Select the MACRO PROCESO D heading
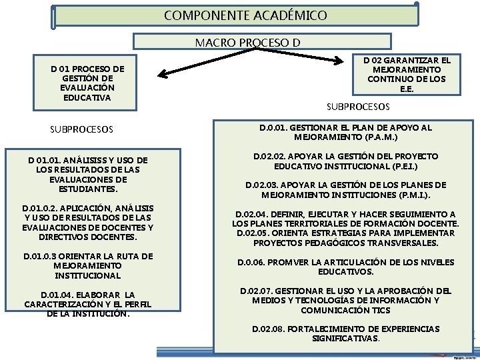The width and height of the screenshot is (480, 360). click(x=247, y=43)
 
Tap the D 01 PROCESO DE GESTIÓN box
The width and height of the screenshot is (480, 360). click(x=87, y=83)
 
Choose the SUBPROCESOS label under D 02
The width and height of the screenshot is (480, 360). click(x=358, y=107)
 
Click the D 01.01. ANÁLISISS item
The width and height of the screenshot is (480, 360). click(x=88, y=175)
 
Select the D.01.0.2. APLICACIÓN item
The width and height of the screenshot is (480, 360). click(x=88, y=223)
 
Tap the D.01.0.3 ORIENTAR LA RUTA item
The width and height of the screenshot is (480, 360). click(x=88, y=265)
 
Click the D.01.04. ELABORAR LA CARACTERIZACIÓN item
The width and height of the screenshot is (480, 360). click(x=88, y=304)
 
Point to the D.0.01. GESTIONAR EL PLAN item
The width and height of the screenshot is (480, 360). click(x=345, y=132)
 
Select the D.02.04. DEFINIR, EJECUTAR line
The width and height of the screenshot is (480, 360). click(x=345, y=214)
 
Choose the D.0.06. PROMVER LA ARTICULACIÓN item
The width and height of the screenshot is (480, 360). click(x=345, y=267)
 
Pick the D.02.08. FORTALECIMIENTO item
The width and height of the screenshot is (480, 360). click(x=345, y=333)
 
